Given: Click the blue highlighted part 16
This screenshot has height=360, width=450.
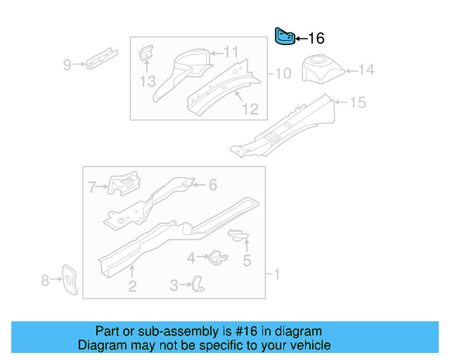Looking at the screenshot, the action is (x=283, y=36).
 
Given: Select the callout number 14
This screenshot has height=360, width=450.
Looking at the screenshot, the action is (x=366, y=70).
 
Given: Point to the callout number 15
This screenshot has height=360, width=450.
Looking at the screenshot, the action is (x=358, y=103).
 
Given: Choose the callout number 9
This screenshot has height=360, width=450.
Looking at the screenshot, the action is (x=67, y=65).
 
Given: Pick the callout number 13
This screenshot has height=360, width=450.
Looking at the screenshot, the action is (x=147, y=82).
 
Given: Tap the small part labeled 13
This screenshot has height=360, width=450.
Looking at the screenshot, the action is (x=146, y=53).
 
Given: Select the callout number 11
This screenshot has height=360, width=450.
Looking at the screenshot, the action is (x=231, y=51).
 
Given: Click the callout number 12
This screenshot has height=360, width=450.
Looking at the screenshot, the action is (x=250, y=109).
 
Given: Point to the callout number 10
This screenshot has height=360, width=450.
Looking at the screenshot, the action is (x=282, y=73).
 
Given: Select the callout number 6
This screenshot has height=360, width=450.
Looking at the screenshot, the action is (x=212, y=185).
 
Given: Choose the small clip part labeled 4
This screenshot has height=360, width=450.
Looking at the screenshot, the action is (x=216, y=257).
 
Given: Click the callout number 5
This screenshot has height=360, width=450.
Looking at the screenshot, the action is (x=246, y=262).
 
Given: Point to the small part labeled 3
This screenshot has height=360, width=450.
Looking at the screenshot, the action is (x=199, y=283).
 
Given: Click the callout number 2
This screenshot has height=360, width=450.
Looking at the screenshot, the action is (x=131, y=285).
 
